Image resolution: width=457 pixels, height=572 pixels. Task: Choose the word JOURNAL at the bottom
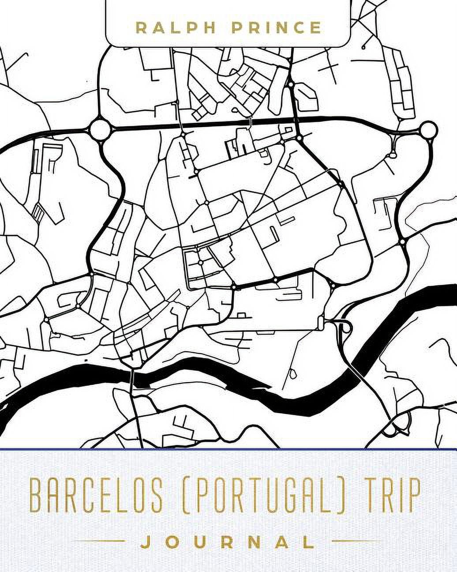coord(228,542)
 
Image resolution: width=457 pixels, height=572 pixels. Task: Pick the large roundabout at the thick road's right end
coord(428,130)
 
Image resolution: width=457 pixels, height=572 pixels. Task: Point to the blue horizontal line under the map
coord(228,449)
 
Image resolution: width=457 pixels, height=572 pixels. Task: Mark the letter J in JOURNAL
coord(145,542)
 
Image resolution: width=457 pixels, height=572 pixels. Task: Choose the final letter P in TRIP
coord(415,497)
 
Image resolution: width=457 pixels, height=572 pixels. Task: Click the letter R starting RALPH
coord(141,28)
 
